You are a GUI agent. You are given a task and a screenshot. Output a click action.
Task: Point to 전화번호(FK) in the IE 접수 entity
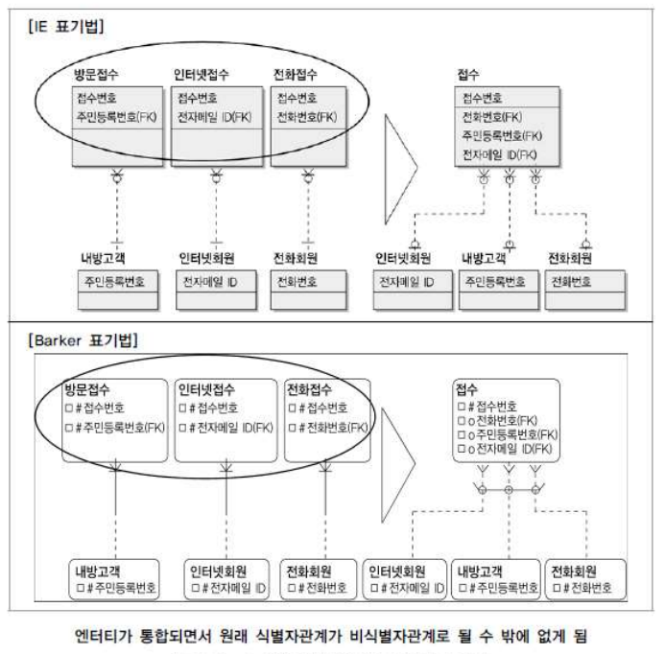point(496,117)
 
